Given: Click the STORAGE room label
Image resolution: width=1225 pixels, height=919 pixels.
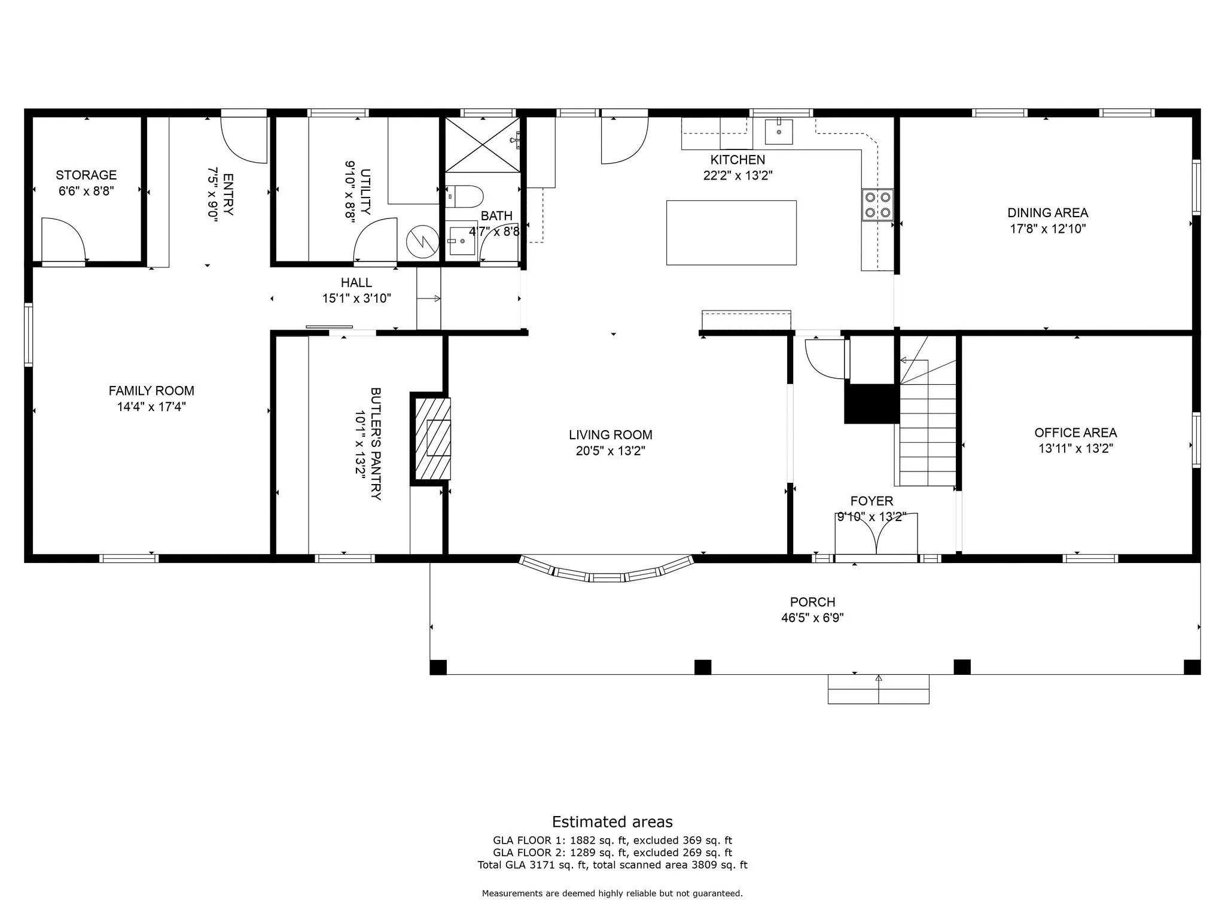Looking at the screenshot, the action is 86,175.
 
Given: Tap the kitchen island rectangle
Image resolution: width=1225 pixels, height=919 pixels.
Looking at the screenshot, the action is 731,233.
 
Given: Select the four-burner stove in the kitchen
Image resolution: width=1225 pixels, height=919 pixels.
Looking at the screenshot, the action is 877,205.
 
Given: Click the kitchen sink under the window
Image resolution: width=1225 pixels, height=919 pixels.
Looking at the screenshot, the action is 779,132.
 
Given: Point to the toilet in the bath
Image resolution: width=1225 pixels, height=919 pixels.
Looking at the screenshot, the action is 464,196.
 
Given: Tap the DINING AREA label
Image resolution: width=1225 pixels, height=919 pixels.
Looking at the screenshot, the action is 1047,213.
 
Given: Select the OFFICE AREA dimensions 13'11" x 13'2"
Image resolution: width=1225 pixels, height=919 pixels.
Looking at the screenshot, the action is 1075,449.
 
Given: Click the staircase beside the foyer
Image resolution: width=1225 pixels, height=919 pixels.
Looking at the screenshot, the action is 927,411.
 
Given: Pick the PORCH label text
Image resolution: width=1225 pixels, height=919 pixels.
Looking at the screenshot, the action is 812,602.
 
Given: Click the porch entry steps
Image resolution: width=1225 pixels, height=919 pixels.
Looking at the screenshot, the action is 878,689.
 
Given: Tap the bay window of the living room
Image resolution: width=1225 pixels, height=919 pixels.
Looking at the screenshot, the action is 607,571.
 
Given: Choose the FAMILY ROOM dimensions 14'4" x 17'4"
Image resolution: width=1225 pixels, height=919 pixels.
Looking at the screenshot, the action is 151,407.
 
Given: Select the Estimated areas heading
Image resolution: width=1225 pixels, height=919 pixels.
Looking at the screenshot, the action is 612,821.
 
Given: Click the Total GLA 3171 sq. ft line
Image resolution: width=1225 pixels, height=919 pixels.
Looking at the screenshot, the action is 612,865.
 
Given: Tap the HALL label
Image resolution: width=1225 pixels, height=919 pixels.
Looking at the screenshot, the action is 356,282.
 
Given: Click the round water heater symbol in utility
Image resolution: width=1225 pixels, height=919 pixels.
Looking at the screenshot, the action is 423,242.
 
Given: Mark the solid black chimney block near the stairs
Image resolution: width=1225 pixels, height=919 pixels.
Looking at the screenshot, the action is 871,403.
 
